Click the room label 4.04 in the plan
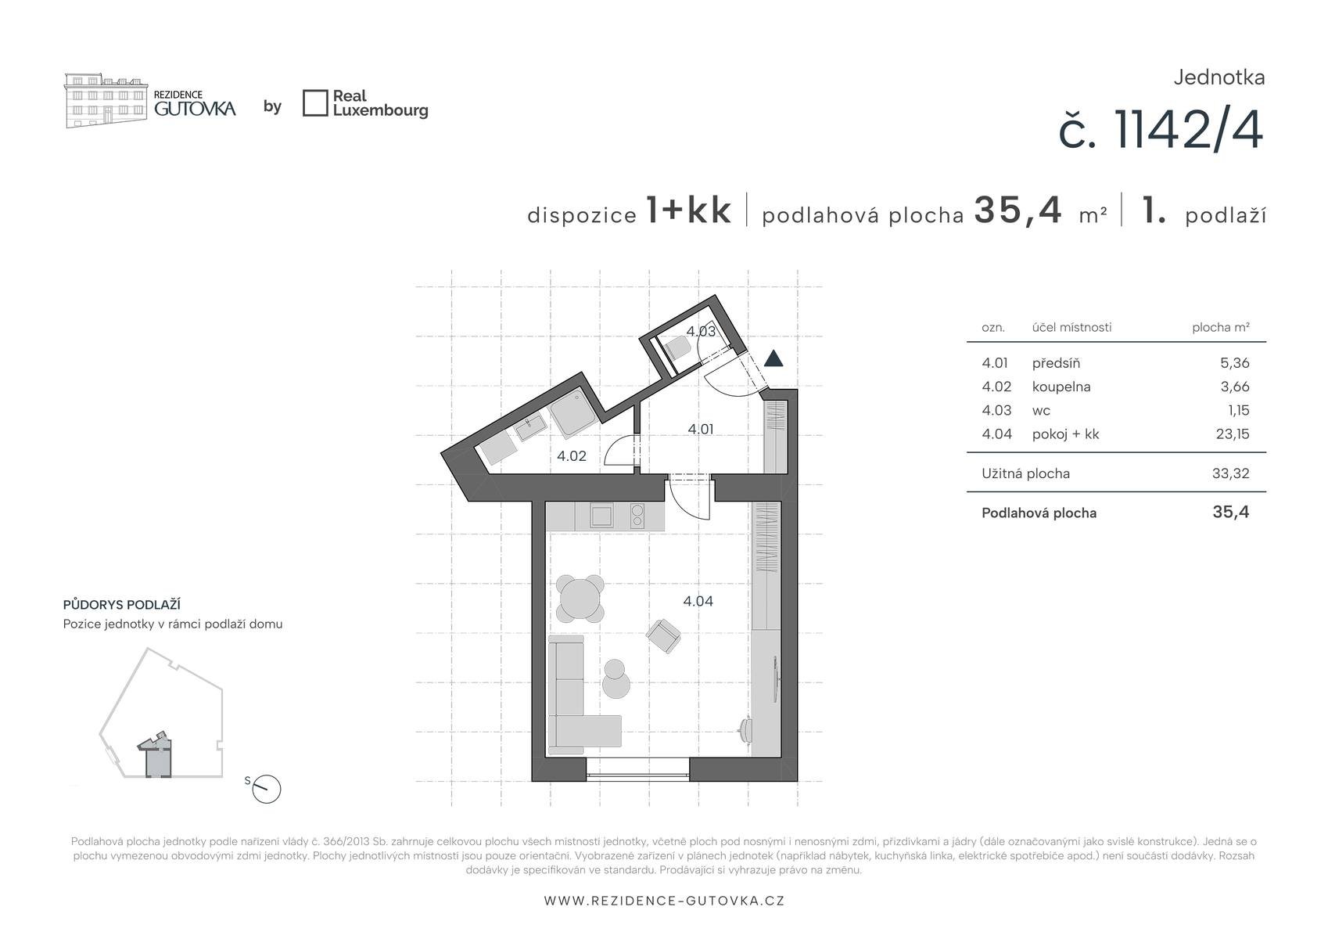[x=698, y=601]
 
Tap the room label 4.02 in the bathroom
[x=572, y=455]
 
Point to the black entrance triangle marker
[x=773, y=358]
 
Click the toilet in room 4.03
[x=677, y=347]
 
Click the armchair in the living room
[x=663, y=635]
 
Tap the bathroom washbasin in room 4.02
[x=531, y=426]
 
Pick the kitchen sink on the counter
[x=601, y=516]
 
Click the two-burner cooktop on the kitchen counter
[x=637, y=516]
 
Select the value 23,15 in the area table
[x=1233, y=434]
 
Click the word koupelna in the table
[x=1061, y=387]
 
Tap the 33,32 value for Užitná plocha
[x=1231, y=473]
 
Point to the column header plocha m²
[x=1221, y=327]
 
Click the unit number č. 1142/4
[x=1161, y=131]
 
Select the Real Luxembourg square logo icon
[x=315, y=103]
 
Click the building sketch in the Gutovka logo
[x=106, y=100]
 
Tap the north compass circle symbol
[x=266, y=789]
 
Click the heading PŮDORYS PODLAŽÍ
[x=121, y=604]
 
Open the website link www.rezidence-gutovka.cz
[x=664, y=901]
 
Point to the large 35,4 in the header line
[x=1018, y=210]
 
